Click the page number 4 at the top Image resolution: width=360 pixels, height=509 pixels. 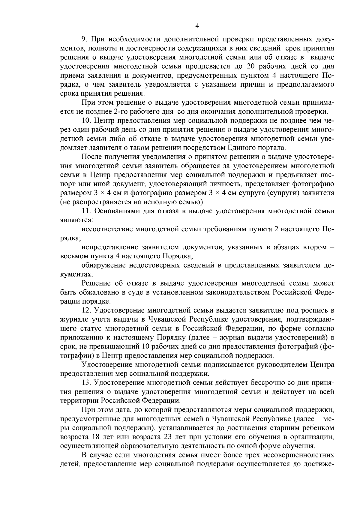(197, 26)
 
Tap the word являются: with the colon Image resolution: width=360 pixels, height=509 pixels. (77, 220)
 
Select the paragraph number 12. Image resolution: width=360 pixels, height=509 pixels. (86, 310)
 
